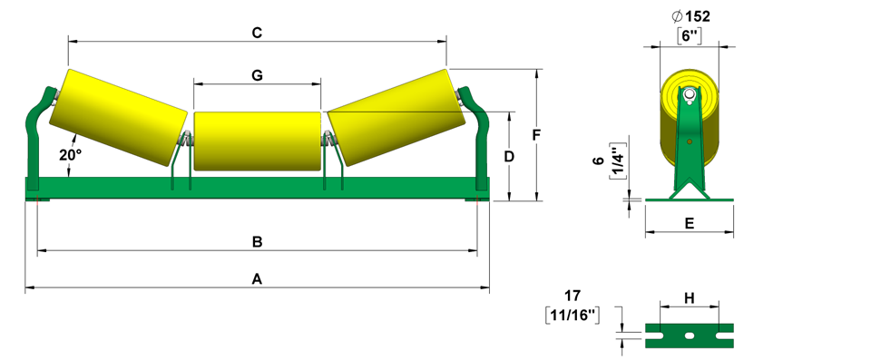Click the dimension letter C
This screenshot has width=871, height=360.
(257, 33)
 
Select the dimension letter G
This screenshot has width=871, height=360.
(257, 75)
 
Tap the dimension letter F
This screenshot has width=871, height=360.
(536, 135)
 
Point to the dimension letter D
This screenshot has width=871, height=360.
(509, 157)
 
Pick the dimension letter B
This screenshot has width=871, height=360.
(257, 242)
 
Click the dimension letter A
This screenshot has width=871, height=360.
(257, 279)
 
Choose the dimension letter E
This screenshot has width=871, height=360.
(690, 223)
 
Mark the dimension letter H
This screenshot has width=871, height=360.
(690, 298)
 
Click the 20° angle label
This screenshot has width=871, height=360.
(71, 156)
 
